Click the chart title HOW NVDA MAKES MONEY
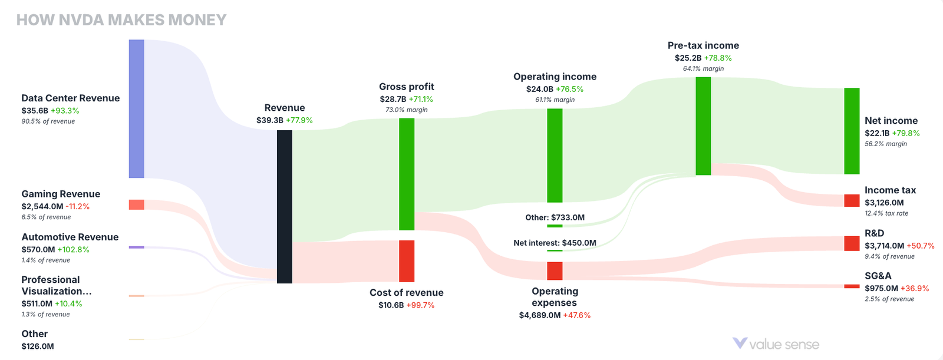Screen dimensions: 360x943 point(121,20)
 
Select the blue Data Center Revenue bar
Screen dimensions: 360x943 point(136,108)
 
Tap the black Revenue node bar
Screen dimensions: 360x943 point(284,206)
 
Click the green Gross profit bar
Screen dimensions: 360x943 point(407,174)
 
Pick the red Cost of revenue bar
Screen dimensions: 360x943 point(407,261)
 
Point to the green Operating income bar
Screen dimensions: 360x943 point(555,155)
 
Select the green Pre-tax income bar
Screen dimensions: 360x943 point(703,125)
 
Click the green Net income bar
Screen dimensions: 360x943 point(852,131)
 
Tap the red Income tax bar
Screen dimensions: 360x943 point(852,200)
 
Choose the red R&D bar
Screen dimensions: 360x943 point(852,243)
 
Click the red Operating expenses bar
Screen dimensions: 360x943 point(555,270)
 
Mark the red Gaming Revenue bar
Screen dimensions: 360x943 point(136,204)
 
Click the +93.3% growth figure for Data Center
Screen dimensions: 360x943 point(65,111)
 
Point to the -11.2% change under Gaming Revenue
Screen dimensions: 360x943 point(78,207)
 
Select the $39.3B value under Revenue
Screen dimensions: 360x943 point(269,120)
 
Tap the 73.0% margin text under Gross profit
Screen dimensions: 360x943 point(407,110)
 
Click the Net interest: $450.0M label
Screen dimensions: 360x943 point(555,243)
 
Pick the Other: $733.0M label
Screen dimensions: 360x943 point(555,217)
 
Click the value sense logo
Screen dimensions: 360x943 point(776,344)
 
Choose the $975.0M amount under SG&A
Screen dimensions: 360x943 point(881,288)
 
